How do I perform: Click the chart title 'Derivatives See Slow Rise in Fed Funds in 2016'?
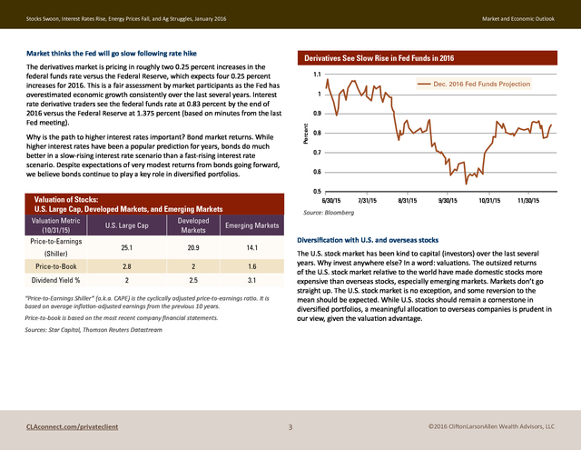pyautogui.click(x=379, y=58)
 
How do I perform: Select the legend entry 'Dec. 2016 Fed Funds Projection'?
pyautogui.click(x=474, y=85)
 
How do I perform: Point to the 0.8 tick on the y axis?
pyautogui.click(x=317, y=133)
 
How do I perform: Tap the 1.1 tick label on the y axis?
pyautogui.click(x=317, y=75)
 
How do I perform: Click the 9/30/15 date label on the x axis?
pyautogui.click(x=448, y=201)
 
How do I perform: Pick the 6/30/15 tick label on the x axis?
pyautogui.click(x=330, y=201)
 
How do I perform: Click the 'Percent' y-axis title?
pyautogui.click(x=306, y=134)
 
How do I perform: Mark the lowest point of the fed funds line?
pyautogui.click(x=466, y=184)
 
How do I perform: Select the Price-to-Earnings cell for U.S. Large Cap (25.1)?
pyautogui.click(x=127, y=247)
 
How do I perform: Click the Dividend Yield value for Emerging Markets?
pyautogui.click(x=252, y=280)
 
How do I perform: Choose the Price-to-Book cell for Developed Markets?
pyautogui.click(x=193, y=266)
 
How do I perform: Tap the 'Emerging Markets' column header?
pyautogui.click(x=252, y=225)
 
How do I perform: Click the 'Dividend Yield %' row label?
pyautogui.click(x=55, y=280)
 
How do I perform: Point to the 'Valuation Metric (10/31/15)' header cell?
pyautogui.click(x=55, y=225)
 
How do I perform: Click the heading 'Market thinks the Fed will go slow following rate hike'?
pyautogui.click(x=112, y=54)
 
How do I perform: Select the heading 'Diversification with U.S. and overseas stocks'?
pyautogui.click(x=368, y=240)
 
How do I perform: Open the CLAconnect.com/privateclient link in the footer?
pyautogui.click(x=73, y=426)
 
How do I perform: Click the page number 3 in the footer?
pyautogui.click(x=290, y=427)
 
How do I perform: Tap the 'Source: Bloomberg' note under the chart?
pyautogui.click(x=329, y=213)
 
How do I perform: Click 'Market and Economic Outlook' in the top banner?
pyautogui.click(x=518, y=18)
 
